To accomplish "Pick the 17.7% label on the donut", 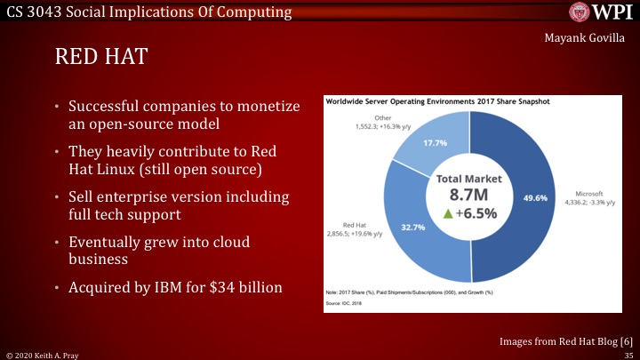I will coord(435,143).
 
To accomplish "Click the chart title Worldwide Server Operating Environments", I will coord(437,102).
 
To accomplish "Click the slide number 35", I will coord(628,354).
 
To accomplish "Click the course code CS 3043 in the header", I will coord(33,12).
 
